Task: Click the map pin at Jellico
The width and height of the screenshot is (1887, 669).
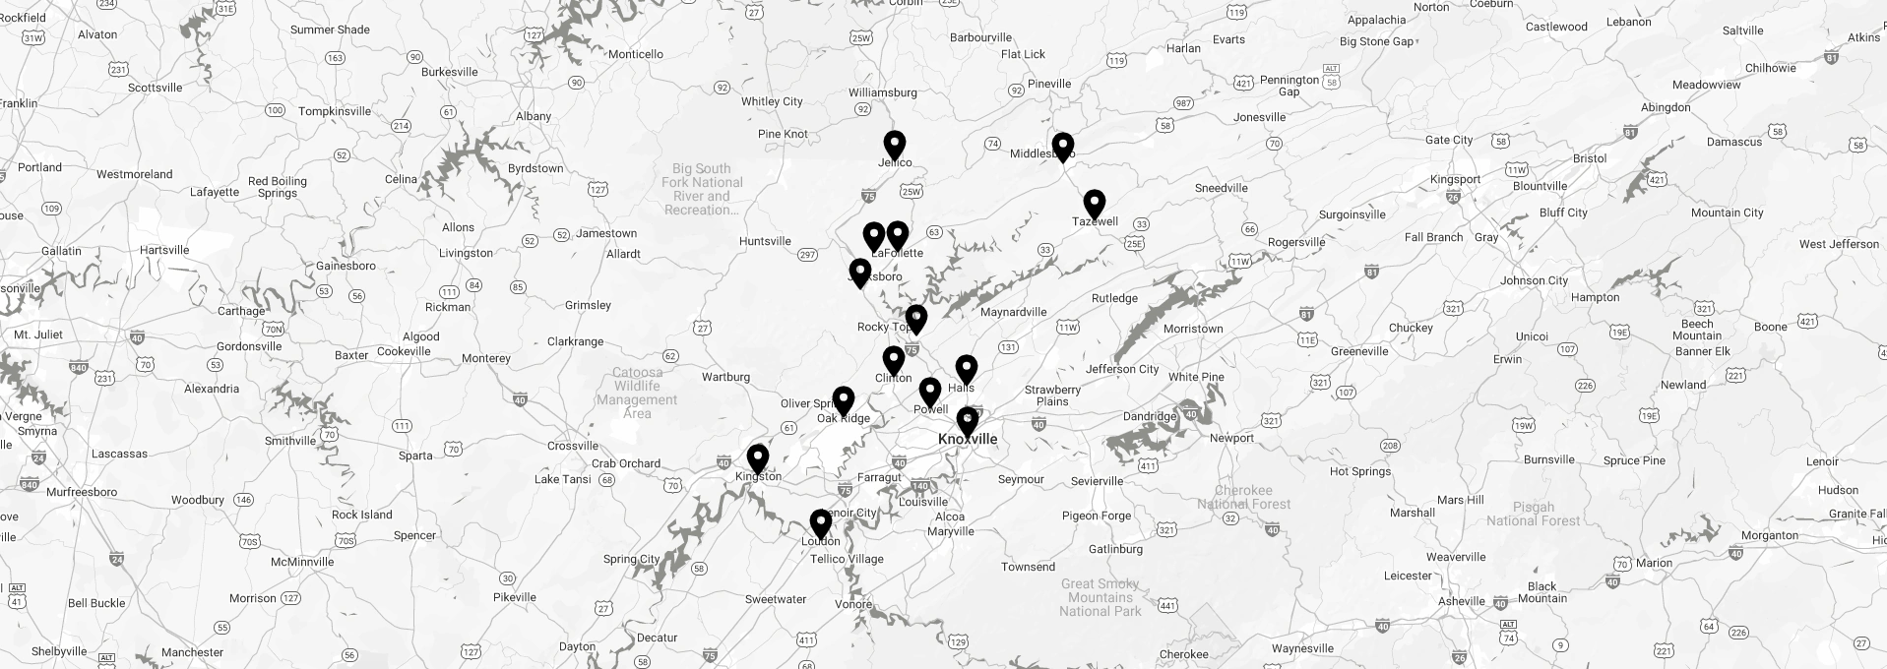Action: click(x=894, y=145)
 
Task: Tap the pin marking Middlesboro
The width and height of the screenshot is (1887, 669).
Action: click(x=1062, y=147)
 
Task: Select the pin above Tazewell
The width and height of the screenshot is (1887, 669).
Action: click(x=1094, y=204)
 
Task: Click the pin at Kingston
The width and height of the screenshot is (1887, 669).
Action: click(x=757, y=458)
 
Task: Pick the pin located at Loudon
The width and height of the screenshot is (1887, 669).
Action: click(x=820, y=523)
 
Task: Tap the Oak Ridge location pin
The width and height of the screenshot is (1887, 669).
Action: click(x=843, y=400)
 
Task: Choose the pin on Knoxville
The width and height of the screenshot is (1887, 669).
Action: click(x=968, y=421)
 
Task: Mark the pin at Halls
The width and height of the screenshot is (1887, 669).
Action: click(x=967, y=369)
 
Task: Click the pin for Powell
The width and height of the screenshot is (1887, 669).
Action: click(x=929, y=392)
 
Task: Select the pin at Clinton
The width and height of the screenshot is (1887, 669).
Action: click(x=893, y=360)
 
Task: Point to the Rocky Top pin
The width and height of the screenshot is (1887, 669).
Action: click(x=915, y=319)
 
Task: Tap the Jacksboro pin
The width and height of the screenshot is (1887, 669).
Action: click(x=859, y=273)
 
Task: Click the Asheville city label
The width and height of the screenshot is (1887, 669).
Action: click(x=1460, y=601)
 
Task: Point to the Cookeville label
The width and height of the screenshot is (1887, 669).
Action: click(x=404, y=351)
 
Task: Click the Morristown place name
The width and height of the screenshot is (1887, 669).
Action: click(x=1193, y=329)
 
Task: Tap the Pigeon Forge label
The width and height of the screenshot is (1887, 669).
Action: click(x=1096, y=516)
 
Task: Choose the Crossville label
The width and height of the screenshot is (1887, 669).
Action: click(x=573, y=446)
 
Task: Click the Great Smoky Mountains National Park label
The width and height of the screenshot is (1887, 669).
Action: click(x=1100, y=597)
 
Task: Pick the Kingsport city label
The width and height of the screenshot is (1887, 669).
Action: click(x=1455, y=179)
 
